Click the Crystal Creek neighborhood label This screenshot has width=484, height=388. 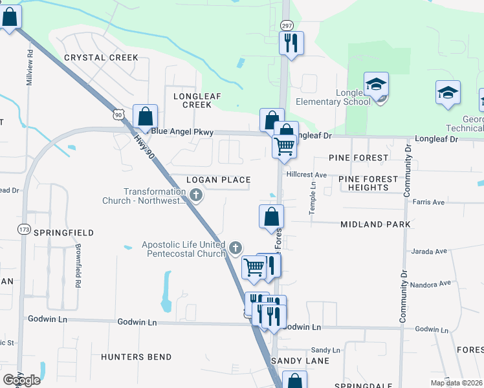pos(101,58)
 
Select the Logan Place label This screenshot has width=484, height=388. pos(218,179)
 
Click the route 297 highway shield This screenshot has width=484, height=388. pos(287,25)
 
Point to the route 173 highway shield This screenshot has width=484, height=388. pos(25,229)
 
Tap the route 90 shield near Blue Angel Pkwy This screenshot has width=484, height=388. pos(116,114)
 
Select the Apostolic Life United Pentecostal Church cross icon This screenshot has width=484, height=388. pos(236,246)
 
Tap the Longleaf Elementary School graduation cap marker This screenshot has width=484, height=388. pos(376,85)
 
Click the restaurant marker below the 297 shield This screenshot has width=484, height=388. pos(291,43)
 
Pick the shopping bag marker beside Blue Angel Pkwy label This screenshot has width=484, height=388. pos(146,118)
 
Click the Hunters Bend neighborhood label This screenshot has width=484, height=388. pos(137,357)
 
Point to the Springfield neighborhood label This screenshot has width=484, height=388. pos(64,232)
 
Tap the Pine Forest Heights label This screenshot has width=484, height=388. pos(368,183)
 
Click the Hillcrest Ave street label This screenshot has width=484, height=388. pos(307,175)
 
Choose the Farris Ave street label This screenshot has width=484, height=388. pos(429,202)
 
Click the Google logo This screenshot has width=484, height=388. pos(21,380)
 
